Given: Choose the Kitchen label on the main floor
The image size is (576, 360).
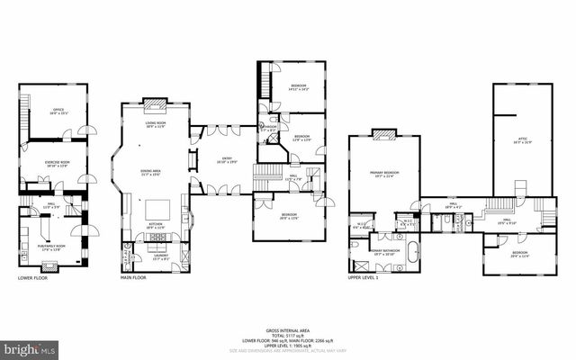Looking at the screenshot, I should [155, 227].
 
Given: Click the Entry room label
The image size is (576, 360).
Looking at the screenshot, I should [227, 161].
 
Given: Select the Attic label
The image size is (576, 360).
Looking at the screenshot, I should [517, 139].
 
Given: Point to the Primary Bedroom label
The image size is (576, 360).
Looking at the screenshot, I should [383, 174].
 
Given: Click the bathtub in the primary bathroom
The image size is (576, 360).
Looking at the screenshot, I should [412, 250].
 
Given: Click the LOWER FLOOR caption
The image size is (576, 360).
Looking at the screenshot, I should [31, 278].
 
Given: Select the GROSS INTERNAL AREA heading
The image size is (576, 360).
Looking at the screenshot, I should [287, 331].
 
